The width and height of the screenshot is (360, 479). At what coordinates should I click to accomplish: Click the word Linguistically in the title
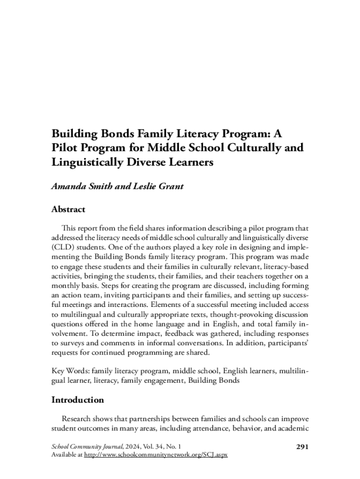coord(84,162)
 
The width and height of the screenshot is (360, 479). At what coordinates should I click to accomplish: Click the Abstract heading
coord(68,209)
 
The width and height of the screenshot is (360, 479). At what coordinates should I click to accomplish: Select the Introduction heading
coord(78,400)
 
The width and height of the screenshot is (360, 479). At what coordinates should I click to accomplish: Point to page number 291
coord(303,446)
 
